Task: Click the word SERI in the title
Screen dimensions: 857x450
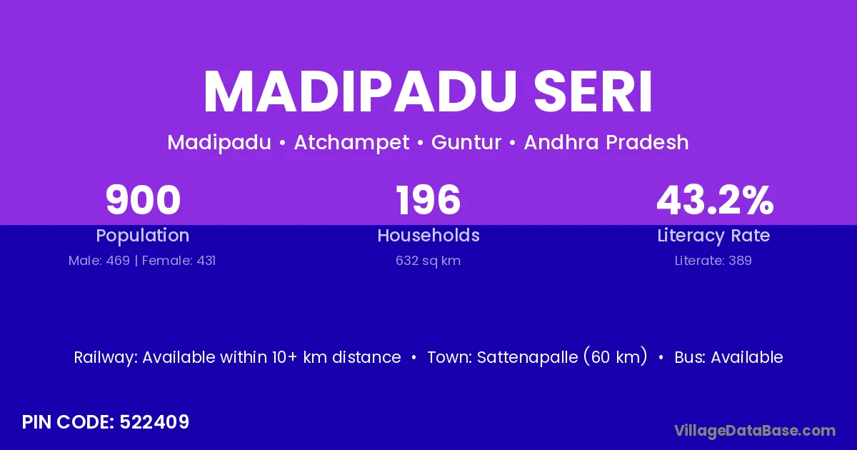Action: click(x=593, y=92)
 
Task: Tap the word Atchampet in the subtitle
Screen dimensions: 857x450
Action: click(x=351, y=143)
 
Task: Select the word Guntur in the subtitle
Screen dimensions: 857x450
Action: click(x=466, y=142)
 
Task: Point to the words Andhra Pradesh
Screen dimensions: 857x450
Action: click(x=606, y=142)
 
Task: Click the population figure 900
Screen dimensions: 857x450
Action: click(x=143, y=200)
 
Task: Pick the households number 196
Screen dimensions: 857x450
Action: click(x=428, y=200)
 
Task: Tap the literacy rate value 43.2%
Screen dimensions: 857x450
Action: click(x=715, y=200)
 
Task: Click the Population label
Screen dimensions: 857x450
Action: click(x=143, y=235)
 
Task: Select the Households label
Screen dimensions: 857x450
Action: click(x=428, y=235)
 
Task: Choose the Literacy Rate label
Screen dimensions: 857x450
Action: click(x=713, y=235)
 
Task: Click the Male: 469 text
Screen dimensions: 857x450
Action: click(x=99, y=261)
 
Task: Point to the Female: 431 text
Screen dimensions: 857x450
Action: click(x=179, y=261)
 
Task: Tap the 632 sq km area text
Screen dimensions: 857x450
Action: click(x=428, y=261)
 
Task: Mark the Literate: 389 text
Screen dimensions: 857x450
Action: click(x=713, y=261)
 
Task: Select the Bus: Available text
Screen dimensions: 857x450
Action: click(x=728, y=357)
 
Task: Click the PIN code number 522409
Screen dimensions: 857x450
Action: click(x=154, y=422)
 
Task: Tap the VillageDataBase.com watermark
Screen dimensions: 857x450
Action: click(x=755, y=431)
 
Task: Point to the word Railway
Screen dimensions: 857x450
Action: click(x=106, y=358)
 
